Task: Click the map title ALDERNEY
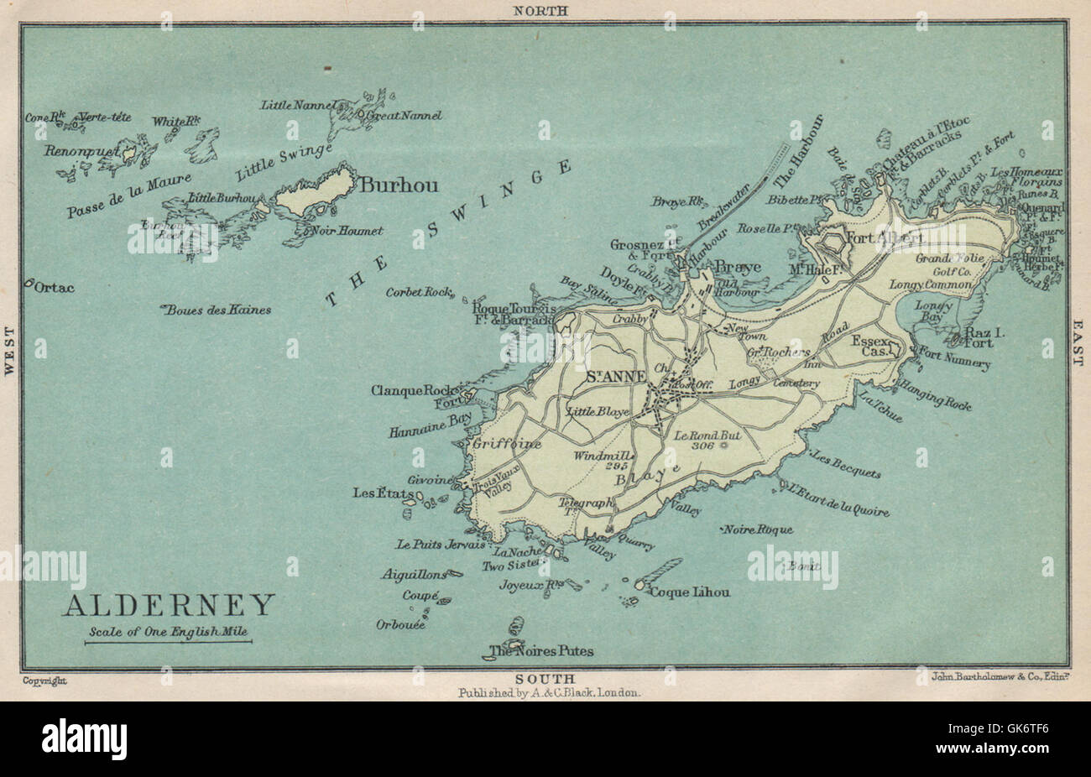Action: (169, 605)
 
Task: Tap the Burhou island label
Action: (399, 185)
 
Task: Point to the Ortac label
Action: (55, 288)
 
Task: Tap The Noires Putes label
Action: (541, 651)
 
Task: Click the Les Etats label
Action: (378, 493)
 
